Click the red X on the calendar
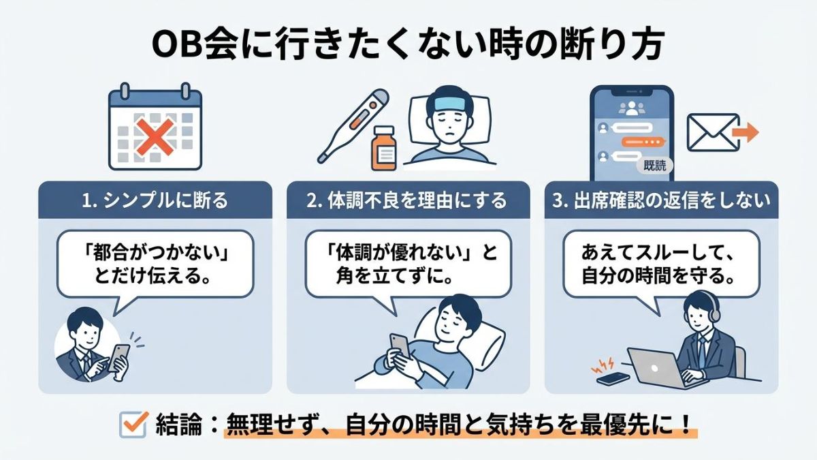pyautogui.click(x=155, y=137)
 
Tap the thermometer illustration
pyautogui.click(x=353, y=126)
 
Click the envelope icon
pyautogui.click(x=713, y=132)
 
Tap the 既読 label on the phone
pyautogui.click(x=655, y=166)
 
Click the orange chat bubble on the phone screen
pyautogui.click(x=643, y=142)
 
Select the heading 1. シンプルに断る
pyautogui.click(x=155, y=200)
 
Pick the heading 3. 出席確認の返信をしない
pyautogui.click(x=661, y=200)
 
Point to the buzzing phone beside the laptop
pyautogui.click(x=613, y=378)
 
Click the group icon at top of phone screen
pyautogui.click(x=632, y=108)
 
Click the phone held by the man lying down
pyautogui.click(x=400, y=348)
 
